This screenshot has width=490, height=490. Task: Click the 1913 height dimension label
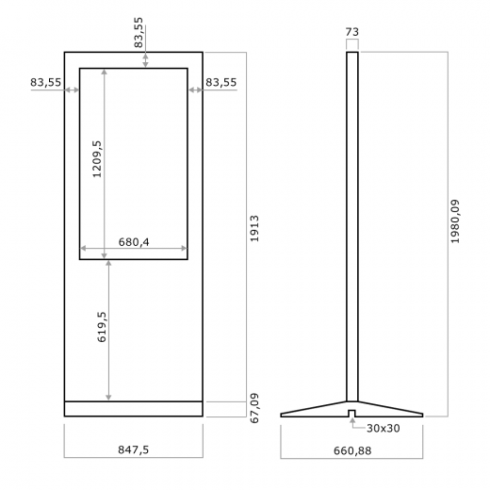point(255,229)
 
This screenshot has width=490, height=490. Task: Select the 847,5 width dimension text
point(133,449)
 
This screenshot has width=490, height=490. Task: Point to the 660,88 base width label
point(352,449)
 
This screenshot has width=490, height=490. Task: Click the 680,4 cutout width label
point(134,242)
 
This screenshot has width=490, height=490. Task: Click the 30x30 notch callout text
point(382,429)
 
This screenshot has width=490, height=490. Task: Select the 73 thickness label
point(351,31)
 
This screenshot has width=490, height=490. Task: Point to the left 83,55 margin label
point(45,83)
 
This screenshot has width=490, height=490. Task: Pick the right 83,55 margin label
point(220,83)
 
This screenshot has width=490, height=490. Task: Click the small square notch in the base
point(351,413)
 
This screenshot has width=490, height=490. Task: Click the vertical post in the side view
point(351,226)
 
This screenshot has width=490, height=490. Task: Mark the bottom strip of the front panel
point(133,408)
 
